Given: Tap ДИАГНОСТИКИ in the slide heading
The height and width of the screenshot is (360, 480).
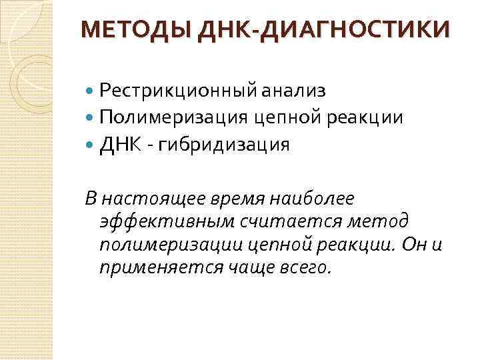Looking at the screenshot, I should point(356,30).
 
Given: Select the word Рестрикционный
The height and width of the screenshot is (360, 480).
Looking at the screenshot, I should point(175,89).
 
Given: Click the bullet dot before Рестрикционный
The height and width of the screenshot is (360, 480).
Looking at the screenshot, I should point(91,89).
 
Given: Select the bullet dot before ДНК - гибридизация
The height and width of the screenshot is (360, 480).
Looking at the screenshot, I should point(91,145).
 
